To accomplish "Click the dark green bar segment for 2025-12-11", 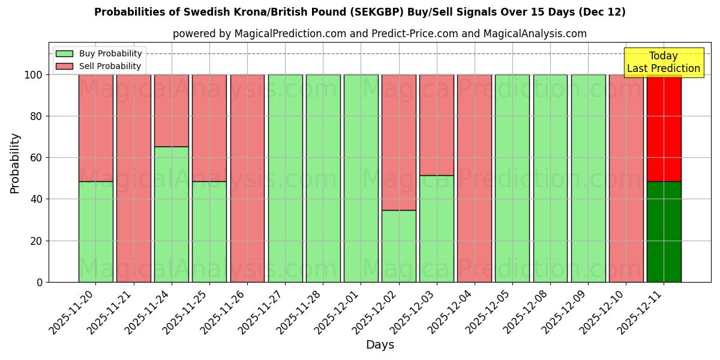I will tap(664, 232).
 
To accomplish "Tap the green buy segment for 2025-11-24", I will tap(172, 214).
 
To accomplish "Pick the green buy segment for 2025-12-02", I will tap(399, 246).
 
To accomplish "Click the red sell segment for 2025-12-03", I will tap(437, 125).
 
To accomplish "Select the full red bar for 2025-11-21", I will tap(134, 178).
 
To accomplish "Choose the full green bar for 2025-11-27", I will tap(285, 178).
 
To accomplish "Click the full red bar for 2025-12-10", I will tap(626, 178).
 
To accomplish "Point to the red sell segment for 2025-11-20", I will tap(96, 128).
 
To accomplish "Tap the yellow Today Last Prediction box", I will tap(664, 62).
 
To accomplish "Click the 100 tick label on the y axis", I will tap(34, 75).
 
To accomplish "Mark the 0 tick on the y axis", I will tap(40, 282).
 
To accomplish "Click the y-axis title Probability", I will tap(15, 163).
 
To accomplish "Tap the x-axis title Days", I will tap(380, 345).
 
